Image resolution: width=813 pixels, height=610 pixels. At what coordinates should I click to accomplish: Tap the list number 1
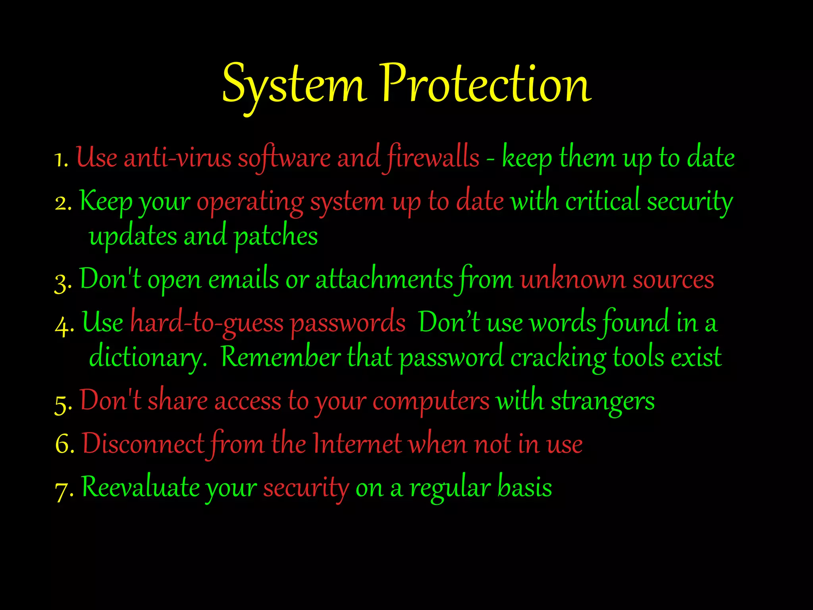click(x=60, y=159)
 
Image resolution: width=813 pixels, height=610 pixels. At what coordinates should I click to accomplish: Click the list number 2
click(x=63, y=203)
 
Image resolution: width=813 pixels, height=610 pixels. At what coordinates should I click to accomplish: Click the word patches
click(x=276, y=237)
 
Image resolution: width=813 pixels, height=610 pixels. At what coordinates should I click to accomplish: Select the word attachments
click(x=384, y=280)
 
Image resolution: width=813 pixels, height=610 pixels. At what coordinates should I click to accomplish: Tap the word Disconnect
click(x=143, y=444)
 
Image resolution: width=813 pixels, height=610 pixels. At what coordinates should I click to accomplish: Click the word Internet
click(x=357, y=444)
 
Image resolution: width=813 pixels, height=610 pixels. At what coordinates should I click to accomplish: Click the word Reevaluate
click(x=140, y=488)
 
